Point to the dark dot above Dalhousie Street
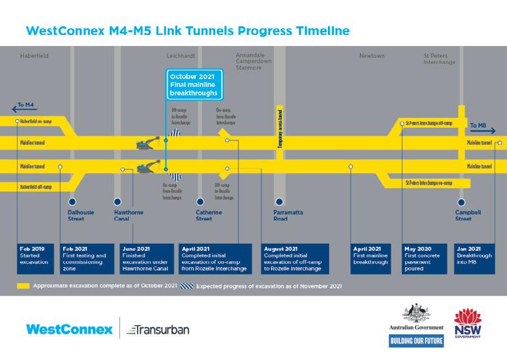(x=72, y=201)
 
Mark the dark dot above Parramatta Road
(x=280, y=201)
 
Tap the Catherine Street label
(x=209, y=215)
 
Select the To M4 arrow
(x=22, y=105)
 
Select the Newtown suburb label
(x=371, y=56)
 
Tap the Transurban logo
(x=157, y=329)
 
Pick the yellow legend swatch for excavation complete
(x=24, y=287)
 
